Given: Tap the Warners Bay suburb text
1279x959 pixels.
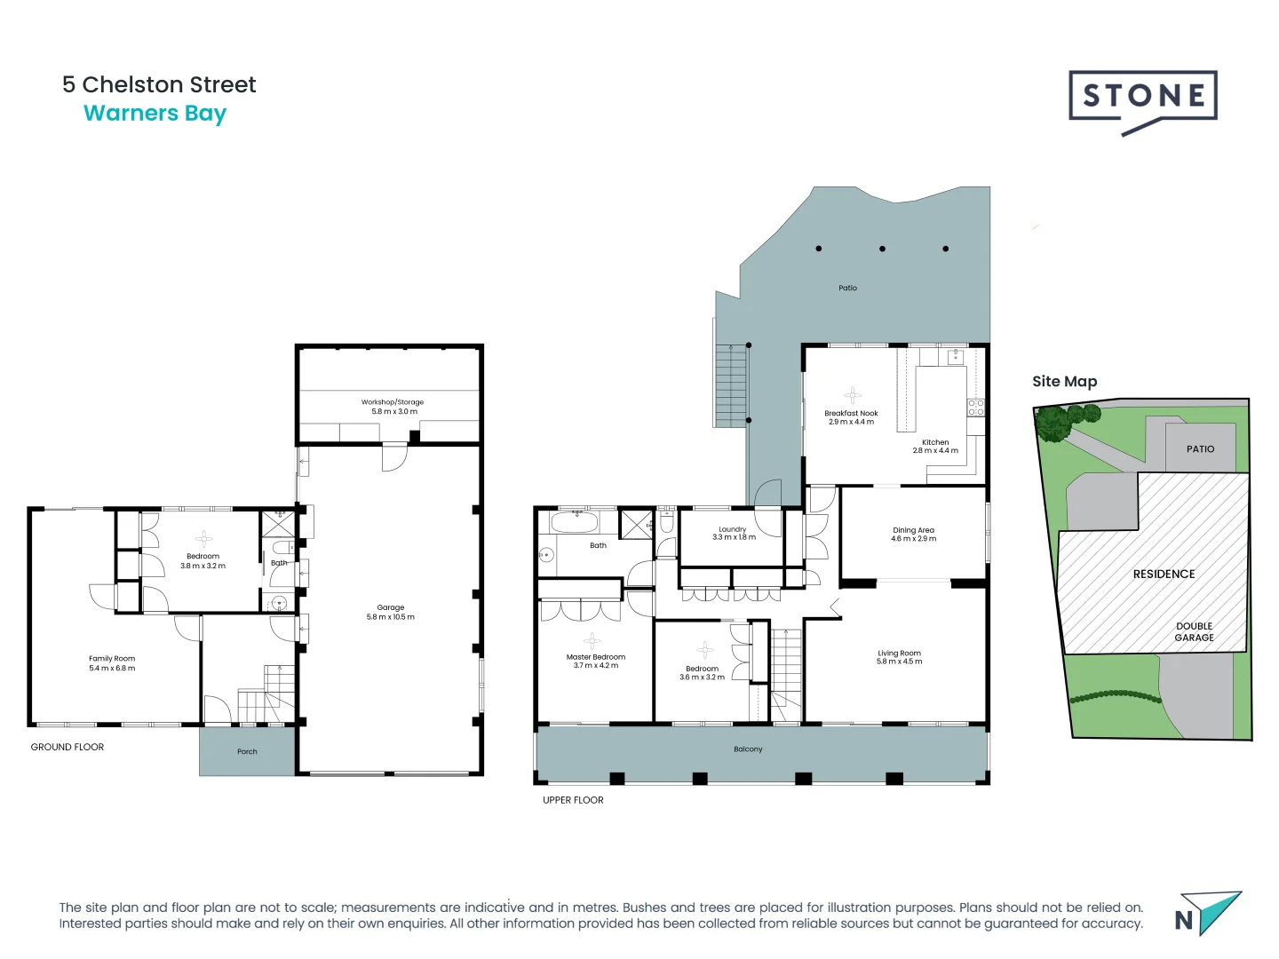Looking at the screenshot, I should click(x=155, y=114).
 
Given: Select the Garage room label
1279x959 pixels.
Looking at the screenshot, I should click(x=390, y=612).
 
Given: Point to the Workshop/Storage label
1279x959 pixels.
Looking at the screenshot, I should click(x=393, y=407).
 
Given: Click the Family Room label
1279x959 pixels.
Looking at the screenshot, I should click(x=112, y=663).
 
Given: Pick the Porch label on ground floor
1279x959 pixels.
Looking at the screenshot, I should click(x=247, y=751).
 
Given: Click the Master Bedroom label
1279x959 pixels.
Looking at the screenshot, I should click(x=595, y=661).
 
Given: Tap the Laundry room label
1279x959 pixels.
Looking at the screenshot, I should click(x=733, y=533).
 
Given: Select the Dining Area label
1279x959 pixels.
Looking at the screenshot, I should click(x=913, y=534).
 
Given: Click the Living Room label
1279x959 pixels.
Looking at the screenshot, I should click(x=899, y=657).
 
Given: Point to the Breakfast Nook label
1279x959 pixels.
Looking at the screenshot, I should click(x=851, y=417).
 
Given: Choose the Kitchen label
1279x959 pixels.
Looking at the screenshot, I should click(x=935, y=446).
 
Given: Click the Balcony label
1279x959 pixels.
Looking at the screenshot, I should click(x=748, y=749).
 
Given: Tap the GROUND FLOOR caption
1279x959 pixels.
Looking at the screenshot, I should click(x=68, y=747).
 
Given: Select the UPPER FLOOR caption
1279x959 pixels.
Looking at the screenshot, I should click(x=573, y=800).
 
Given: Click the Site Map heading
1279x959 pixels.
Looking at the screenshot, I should click(x=1064, y=381).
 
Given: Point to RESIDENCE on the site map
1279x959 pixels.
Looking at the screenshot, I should click(x=1164, y=574).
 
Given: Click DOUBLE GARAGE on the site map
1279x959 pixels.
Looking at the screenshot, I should click(x=1194, y=631).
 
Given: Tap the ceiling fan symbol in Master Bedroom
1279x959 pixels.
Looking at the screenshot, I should click(x=592, y=640).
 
